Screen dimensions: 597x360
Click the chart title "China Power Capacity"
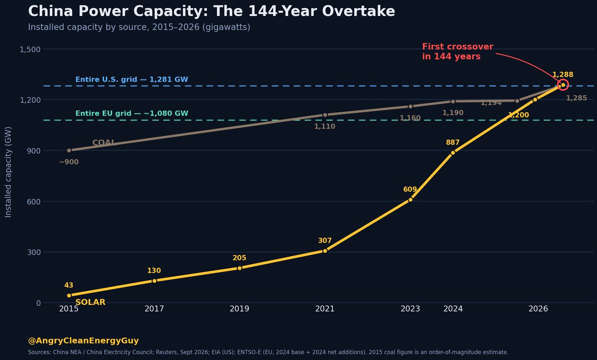tap(118, 11)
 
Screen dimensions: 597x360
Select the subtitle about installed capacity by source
tap(139, 27)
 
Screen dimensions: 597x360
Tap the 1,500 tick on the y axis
tap(30, 49)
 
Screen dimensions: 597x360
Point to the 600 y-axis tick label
tap(34, 201)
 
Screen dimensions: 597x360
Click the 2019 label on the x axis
tap(239, 309)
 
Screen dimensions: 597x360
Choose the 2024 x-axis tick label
tap(453, 309)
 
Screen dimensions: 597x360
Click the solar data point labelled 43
tap(69, 295)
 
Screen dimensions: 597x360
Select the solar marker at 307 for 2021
tap(324, 251)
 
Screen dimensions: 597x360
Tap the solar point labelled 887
tap(453, 153)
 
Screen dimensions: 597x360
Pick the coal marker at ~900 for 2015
tap(69, 151)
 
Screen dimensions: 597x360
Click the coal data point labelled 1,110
tap(325, 115)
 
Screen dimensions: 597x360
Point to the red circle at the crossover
tap(563, 80)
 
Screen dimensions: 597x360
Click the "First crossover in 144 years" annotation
tap(458, 51)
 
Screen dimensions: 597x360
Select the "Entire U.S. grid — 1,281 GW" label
tap(132, 80)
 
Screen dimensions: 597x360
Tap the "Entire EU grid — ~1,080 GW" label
tap(132, 113)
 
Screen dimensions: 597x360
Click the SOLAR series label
tap(91, 302)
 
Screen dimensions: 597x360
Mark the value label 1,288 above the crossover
tap(563, 75)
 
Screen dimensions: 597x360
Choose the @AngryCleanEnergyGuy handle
tap(84, 341)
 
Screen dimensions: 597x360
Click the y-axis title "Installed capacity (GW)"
tap(8, 172)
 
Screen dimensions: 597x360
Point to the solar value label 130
tap(154, 270)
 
